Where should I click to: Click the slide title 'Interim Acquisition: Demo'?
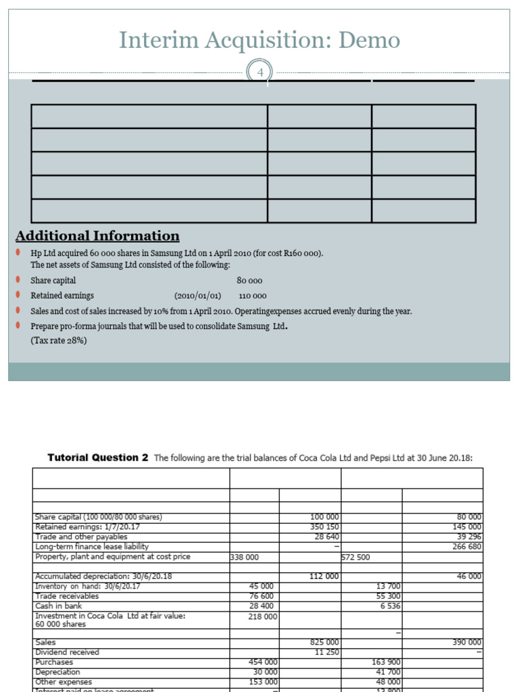pyautogui.click(x=259, y=41)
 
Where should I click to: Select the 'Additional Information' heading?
pyautogui.click(x=97, y=236)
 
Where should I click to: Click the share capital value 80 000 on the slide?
pyautogui.click(x=250, y=280)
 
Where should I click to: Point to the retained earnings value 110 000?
pyautogui.click(x=253, y=296)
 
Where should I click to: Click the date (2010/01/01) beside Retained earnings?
pyautogui.click(x=197, y=296)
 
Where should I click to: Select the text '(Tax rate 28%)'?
pyautogui.click(x=59, y=341)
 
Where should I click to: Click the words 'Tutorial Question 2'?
pyautogui.click(x=98, y=458)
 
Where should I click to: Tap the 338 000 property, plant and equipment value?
pyautogui.click(x=245, y=558)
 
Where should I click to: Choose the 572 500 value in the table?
pyautogui.click(x=356, y=558)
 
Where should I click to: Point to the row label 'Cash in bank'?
pyautogui.click(x=57, y=606)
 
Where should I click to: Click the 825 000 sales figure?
pyautogui.click(x=325, y=642)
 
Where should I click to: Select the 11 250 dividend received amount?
pyautogui.click(x=327, y=652)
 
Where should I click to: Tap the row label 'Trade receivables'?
pyautogui.click(x=67, y=597)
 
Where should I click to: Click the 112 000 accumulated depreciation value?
pyautogui.click(x=325, y=576)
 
